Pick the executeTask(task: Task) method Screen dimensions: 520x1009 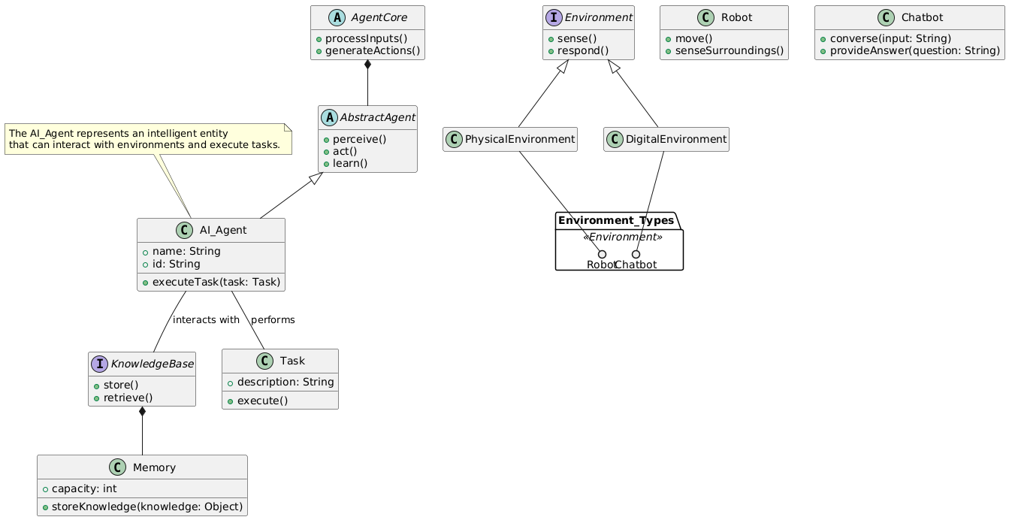[x=216, y=283]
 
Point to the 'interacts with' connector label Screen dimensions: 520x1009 [x=206, y=320]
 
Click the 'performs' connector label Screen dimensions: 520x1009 [x=273, y=320]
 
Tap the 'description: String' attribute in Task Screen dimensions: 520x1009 [x=285, y=382]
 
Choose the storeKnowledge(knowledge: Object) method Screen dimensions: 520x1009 [x=146, y=506]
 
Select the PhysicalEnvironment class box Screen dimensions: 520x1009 [x=510, y=139]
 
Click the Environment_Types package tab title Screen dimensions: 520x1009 [x=616, y=221]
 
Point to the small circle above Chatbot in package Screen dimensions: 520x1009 [x=636, y=254]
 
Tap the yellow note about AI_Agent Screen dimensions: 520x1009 [x=148, y=138]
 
